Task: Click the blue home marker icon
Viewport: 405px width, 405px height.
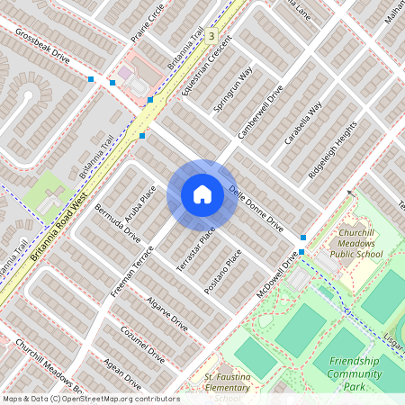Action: click(x=202, y=194)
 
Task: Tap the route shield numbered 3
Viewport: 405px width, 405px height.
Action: click(x=211, y=36)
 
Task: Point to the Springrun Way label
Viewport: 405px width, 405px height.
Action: click(x=233, y=89)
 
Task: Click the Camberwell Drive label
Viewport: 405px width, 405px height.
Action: click(x=260, y=112)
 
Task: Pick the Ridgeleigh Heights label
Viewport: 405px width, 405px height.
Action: click(x=326, y=146)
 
